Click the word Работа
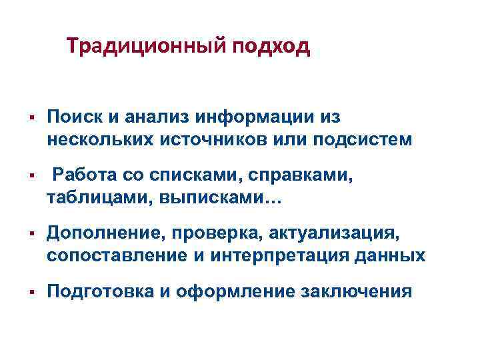(x=84, y=175)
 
